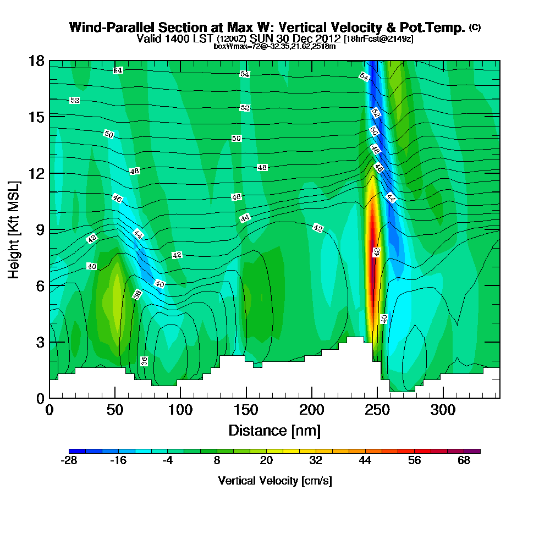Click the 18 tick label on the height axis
[36, 61]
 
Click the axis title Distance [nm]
[274, 430]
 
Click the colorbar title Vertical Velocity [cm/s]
[274, 481]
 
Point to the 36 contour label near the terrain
[144, 361]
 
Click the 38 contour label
[137, 294]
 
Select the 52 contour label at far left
[75, 100]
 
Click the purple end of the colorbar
[477, 451]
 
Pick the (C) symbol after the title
[475, 28]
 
